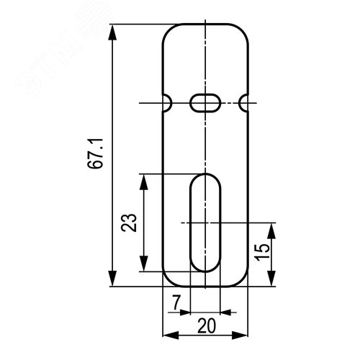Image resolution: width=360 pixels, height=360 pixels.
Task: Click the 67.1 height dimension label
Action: [x=95, y=154]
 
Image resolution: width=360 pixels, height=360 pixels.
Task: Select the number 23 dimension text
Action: [x=129, y=222]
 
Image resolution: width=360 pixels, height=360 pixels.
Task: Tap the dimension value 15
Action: [x=262, y=252]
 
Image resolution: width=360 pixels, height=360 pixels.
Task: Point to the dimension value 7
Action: [x=176, y=302]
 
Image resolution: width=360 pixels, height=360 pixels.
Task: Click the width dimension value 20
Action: [x=207, y=326]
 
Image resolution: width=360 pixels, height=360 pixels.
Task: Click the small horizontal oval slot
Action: [x=205, y=103]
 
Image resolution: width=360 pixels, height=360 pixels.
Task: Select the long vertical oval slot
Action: [x=205, y=222]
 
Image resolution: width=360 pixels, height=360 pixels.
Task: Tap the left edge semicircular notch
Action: [x=167, y=103]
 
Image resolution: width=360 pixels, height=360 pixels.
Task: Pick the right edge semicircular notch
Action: [x=243, y=103]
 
